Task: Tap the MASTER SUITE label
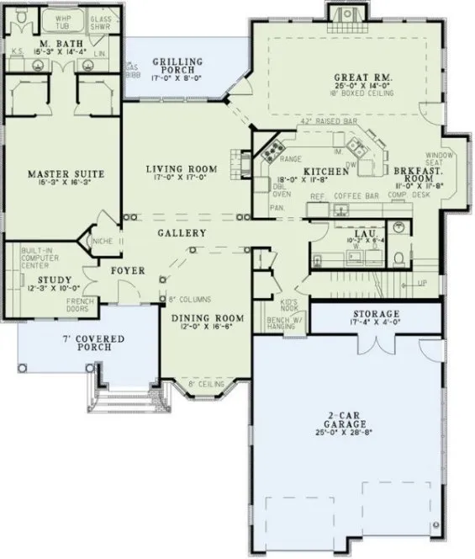pyautogui.click(x=65, y=173)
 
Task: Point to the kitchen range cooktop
pyautogui.click(x=274, y=152)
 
